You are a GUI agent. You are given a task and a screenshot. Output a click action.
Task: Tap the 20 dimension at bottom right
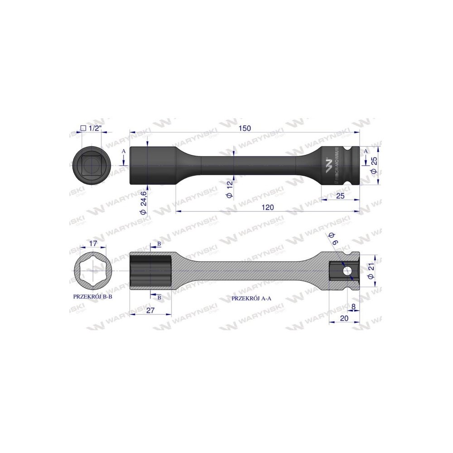tap(344, 318)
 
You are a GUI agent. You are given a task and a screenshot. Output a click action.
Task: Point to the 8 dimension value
tap(353, 306)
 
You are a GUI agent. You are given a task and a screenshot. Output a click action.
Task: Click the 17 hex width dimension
tap(93, 243)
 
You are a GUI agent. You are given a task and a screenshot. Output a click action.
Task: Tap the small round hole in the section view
tap(347, 271)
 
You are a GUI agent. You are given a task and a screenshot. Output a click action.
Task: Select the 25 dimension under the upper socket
tap(341, 195)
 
